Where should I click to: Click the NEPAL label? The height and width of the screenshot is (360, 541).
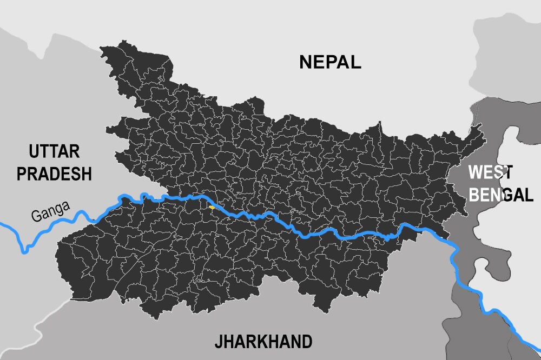pos(330,62)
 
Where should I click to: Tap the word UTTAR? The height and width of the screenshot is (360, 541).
pos(54,151)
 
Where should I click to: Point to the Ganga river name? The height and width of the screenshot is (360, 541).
pos(50,211)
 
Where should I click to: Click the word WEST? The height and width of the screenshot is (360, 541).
pos(490,172)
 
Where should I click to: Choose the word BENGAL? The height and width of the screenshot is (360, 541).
pos(501,194)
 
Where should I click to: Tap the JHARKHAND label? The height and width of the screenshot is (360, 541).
pos(263,342)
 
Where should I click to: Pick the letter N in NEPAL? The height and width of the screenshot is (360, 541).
pos(306,62)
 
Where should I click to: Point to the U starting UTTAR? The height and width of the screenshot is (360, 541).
pos(35,151)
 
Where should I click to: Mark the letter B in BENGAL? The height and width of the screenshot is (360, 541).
pos(476,194)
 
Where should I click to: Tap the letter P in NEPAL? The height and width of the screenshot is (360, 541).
pos(332,62)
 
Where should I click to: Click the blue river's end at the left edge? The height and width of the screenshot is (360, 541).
pos(2,223)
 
